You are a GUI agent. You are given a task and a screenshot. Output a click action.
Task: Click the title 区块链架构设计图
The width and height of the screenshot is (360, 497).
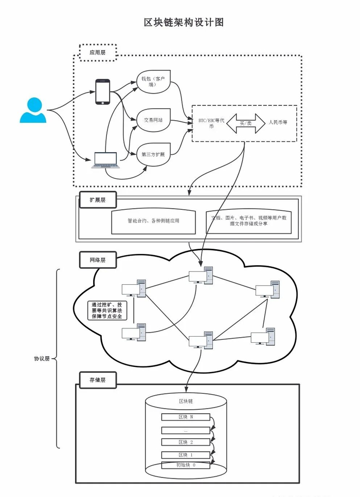pos(184,23)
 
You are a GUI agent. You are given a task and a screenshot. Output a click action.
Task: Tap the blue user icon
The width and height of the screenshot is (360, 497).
pos(33,111)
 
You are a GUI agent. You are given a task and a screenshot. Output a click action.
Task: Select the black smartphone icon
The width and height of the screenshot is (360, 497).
pos(103,92)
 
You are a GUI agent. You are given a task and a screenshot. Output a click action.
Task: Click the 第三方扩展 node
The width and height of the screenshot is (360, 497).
pos(153,154)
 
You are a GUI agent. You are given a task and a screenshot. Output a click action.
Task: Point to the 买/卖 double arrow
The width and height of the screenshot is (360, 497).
pos(245,123)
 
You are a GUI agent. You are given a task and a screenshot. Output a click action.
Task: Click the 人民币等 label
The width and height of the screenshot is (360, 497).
pos(278,123)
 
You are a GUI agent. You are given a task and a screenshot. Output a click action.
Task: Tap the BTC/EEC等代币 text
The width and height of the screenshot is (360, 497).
pos(209,124)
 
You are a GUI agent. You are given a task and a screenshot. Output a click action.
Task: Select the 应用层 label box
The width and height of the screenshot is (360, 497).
pos(98,52)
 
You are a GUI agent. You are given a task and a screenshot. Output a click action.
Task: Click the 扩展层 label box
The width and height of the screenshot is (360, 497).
pos(97,200)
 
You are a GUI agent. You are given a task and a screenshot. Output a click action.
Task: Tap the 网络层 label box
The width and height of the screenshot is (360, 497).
pos(98,260)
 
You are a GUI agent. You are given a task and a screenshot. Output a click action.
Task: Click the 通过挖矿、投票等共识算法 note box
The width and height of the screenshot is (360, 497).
pos(107,311)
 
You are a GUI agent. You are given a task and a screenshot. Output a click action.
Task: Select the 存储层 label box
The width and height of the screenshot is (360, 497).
pos(98,380)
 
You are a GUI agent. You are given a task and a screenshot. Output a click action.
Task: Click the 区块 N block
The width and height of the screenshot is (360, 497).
pos(186,417)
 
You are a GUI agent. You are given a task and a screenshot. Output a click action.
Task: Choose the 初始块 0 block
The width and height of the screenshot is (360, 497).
pos(186,465)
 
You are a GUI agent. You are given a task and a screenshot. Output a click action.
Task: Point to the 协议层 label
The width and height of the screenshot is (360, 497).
pos(41,359)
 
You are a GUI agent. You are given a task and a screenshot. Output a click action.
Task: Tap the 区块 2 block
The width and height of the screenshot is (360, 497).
pos(186,442)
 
